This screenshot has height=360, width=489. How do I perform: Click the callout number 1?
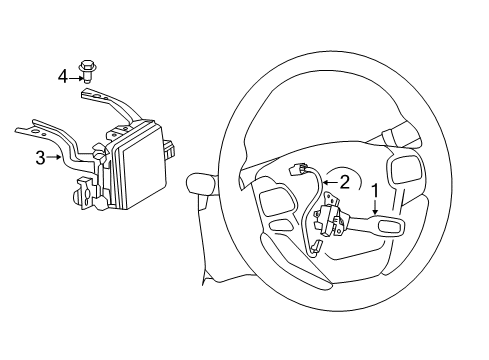click(375, 191)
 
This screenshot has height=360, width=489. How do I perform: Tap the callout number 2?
click(344, 182)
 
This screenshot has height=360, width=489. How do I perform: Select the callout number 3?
click(40, 158)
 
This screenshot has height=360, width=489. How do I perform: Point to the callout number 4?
click(62, 77)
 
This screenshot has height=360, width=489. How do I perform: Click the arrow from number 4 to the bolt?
click(76, 78)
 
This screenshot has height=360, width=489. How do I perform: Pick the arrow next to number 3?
click(53, 157)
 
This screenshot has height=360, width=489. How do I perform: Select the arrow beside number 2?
click(330, 182)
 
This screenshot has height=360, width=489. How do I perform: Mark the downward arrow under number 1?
click(375, 207)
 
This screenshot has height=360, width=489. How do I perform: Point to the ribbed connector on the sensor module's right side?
click(170, 149)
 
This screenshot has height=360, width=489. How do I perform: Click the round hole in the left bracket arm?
click(35, 131)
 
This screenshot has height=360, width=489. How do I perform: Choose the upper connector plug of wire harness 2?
click(297, 170)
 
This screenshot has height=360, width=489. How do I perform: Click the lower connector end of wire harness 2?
click(316, 246)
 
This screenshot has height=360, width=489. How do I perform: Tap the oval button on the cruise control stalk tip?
click(389, 226)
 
